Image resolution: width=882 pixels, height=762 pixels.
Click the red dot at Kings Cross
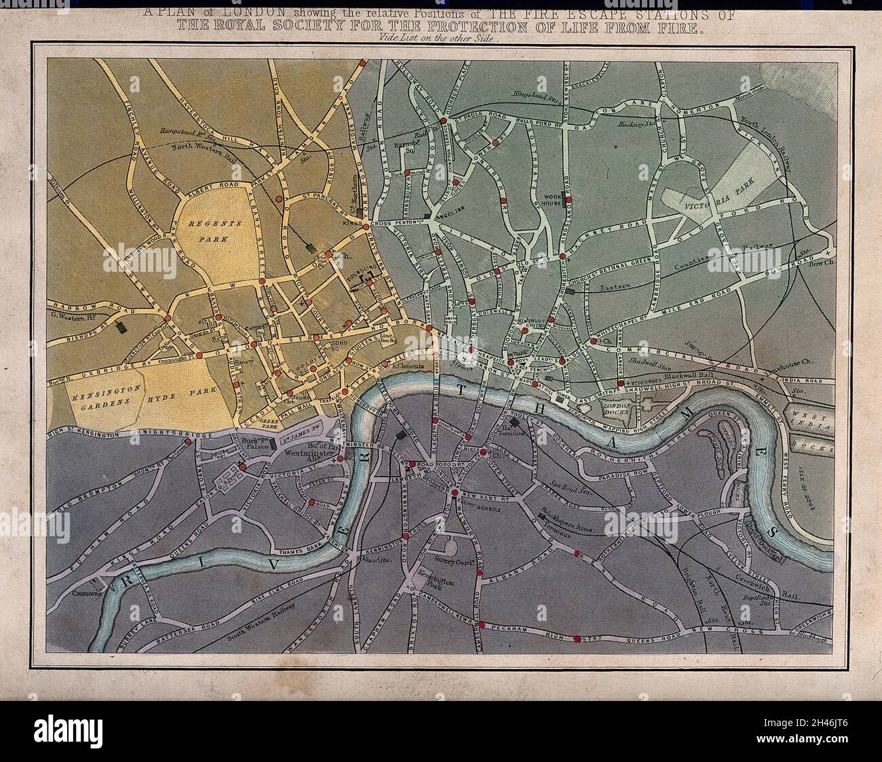tap(365, 226)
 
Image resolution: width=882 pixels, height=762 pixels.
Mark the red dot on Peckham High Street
tap(577, 638)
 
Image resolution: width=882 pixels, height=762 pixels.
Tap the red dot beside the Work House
tap(569, 199)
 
